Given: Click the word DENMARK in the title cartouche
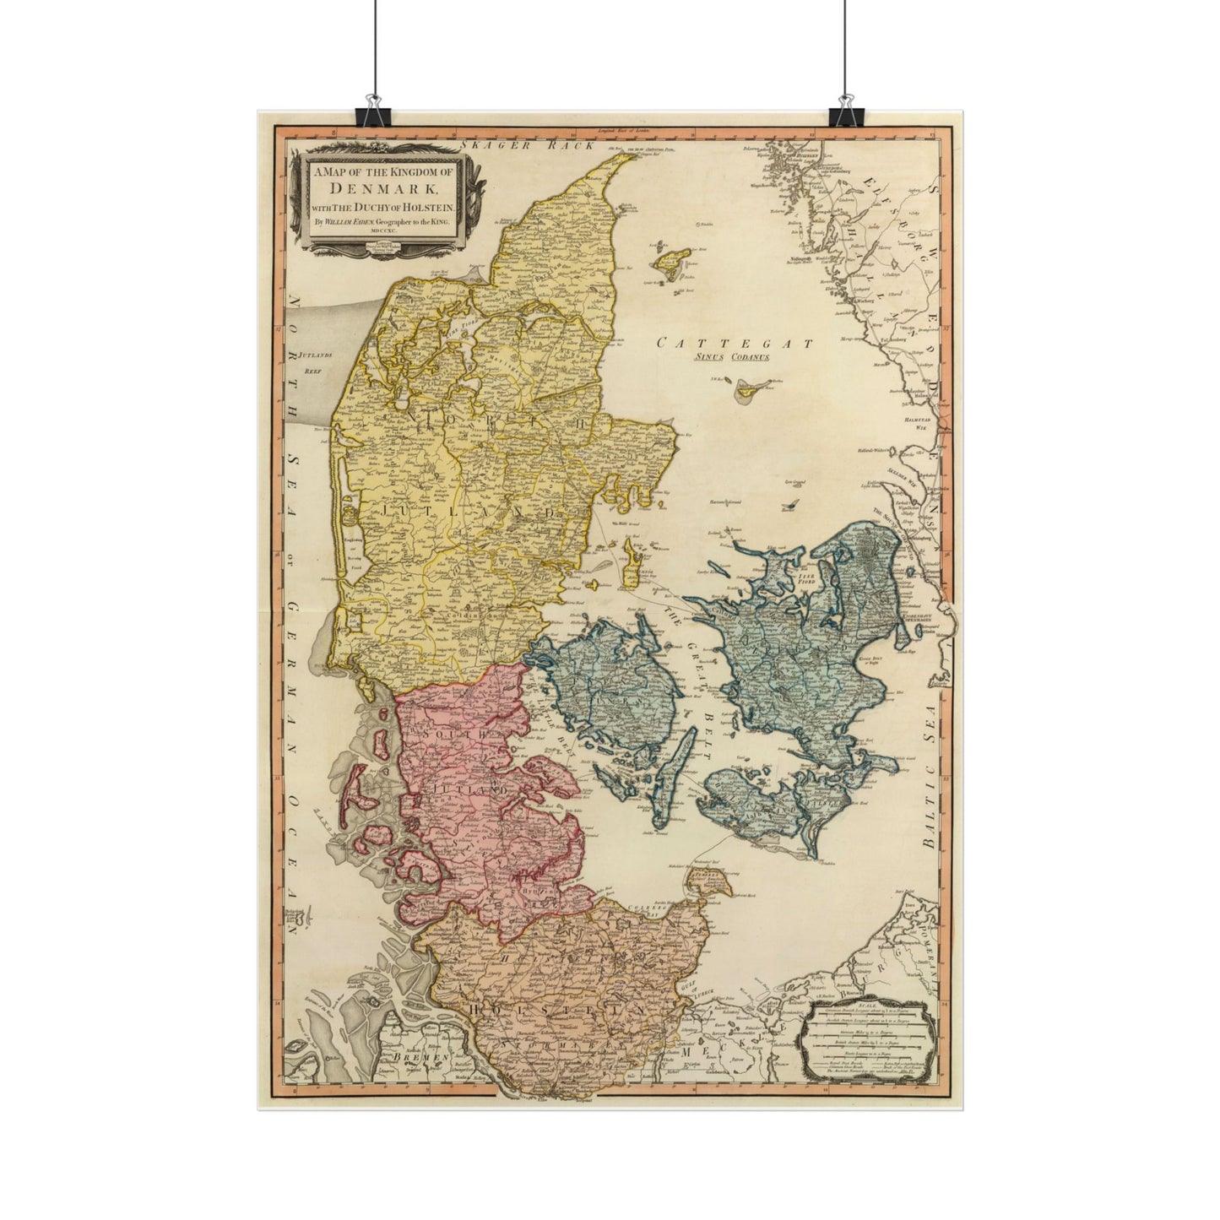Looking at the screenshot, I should tap(383, 189).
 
